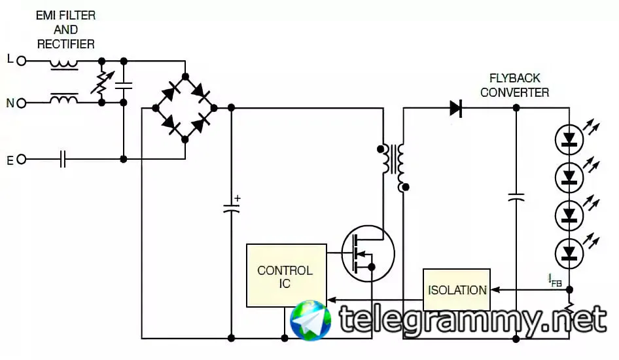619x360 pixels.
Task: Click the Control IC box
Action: pos(286,276)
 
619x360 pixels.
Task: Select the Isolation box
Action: pos(457,290)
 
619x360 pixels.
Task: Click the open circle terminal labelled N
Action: pos(21,103)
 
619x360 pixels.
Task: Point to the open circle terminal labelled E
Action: pos(21,159)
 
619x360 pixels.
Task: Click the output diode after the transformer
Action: pos(456,108)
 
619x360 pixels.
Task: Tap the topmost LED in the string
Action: pos(569,139)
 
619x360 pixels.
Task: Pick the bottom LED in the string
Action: pos(569,252)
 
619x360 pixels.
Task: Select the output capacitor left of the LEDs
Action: pos(516,196)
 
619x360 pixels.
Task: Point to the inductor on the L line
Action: pos(64,63)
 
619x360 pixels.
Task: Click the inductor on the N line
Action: pos(64,100)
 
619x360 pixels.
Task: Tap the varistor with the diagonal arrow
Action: pos(101,82)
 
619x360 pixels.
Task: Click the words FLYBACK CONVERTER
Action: pos(514,85)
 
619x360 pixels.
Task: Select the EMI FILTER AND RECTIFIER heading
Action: pos(65,30)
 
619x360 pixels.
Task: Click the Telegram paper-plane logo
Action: pos(311,320)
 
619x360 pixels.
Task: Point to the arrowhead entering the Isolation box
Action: pos(495,290)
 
